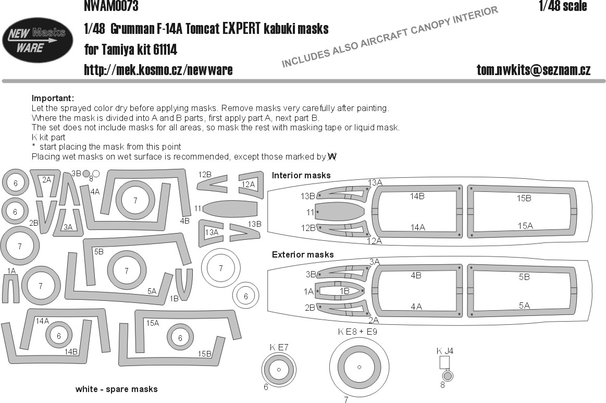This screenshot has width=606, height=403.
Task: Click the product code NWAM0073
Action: (111, 6)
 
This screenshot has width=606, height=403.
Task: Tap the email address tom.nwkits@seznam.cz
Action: (534, 70)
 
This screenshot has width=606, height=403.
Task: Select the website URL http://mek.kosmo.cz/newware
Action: (158, 70)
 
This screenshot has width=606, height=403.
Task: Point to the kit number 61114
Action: (165, 50)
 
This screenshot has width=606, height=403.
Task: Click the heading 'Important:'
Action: (53, 98)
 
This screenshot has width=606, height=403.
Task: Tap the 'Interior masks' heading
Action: (301, 175)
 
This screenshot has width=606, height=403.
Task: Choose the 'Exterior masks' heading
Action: (303, 254)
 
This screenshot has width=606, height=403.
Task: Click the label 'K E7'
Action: (279, 347)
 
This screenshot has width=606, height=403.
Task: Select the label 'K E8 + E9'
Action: (357, 332)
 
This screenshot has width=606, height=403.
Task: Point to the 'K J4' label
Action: (445, 351)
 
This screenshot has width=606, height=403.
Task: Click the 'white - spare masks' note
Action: (116, 389)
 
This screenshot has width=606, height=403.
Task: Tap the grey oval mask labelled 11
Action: (230, 209)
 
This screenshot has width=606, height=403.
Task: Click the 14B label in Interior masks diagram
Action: (417, 197)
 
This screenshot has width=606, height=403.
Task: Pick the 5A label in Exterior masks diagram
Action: (524, 306)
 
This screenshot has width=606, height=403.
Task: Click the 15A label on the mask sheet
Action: (152, 323)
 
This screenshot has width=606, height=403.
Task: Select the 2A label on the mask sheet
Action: (46, 180)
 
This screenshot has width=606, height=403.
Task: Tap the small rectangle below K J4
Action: (445, 362)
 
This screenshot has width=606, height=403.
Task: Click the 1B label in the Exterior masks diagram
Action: (344, 291)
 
